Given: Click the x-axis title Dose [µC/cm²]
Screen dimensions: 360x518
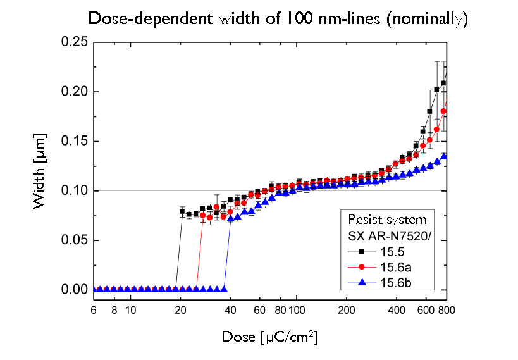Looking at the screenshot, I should tap(269, 337).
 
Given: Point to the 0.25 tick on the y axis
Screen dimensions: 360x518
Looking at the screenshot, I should tap(73, 42).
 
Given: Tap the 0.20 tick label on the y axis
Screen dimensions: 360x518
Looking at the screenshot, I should tap(73, 92).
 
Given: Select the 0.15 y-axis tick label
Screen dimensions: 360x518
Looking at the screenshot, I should tap(73, 141).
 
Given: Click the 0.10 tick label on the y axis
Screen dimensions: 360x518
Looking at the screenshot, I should tap(73, 190).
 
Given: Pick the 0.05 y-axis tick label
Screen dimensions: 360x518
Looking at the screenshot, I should tap(73, 240).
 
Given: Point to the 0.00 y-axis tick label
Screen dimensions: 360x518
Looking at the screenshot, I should tap(73, 290).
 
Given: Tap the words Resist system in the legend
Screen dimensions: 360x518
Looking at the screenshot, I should tap(387, 220).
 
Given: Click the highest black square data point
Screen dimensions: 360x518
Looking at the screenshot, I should tap(444, 83).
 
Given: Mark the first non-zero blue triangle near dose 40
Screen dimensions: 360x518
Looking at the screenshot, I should tap(231, 218).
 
